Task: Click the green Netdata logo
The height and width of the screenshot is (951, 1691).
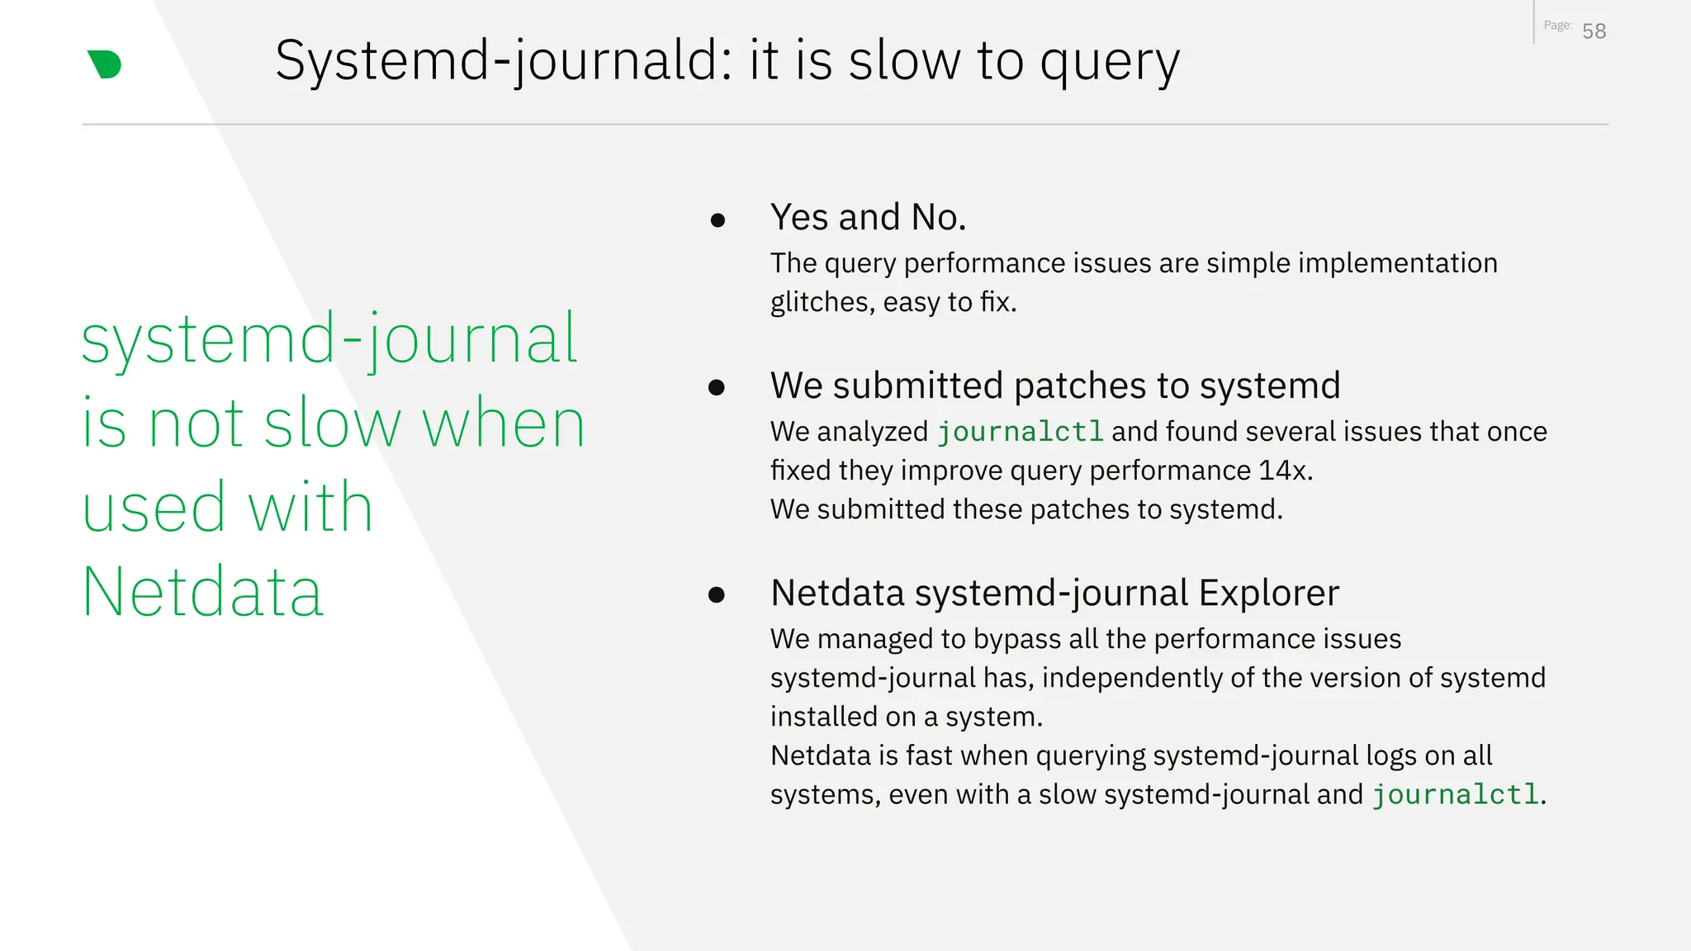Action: (105, 64)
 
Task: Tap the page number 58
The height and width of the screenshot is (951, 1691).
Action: (1594, 31)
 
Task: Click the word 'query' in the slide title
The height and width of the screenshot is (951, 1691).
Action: (1109, 62)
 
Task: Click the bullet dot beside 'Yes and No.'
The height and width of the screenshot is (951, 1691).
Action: (718, 220)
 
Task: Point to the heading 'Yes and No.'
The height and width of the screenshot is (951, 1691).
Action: (868, 217)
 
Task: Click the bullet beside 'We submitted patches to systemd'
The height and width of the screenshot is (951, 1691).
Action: (717, 387)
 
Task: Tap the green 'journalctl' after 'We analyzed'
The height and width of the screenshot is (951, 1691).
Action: (1020, 432)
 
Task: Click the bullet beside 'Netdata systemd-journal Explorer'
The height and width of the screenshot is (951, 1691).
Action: (717, 594)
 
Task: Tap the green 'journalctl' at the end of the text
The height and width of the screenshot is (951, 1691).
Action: (1456, 794)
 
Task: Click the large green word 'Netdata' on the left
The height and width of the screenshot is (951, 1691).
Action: (203, 591)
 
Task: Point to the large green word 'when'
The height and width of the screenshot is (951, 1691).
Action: (503, 423)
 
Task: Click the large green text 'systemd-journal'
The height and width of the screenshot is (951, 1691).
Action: (329, 338)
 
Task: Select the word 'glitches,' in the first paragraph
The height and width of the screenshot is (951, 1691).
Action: (822, 302)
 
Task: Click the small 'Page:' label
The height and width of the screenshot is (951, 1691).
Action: (1557, 26)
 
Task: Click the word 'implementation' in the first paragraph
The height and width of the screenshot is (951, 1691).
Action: (1397, 263)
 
